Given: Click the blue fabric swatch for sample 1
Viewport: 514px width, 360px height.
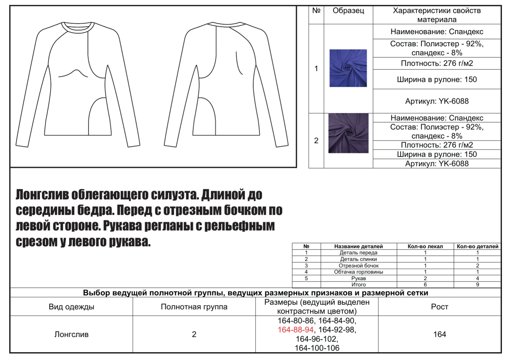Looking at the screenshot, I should click(x=348, y=68).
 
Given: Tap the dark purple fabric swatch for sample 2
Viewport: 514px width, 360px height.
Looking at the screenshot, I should click(x=348, y=133).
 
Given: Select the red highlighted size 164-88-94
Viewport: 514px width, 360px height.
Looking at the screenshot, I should click(x=296, y=330).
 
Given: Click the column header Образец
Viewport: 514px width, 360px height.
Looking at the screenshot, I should click(x=348, y=11).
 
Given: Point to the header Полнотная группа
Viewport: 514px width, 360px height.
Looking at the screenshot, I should click(x=194, y=307).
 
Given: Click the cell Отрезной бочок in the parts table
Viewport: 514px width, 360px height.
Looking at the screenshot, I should click(x=358, y=266).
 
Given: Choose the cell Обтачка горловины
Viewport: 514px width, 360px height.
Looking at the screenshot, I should click(x=358, y=272).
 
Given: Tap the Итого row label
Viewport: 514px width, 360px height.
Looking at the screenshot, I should click(x=358, y=285).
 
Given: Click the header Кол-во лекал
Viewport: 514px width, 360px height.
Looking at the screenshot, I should click(x=425, y=247).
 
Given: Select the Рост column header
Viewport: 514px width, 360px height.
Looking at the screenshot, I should click(x=439, y=307).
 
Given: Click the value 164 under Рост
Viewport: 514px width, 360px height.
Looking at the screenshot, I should click(x=439, y=334).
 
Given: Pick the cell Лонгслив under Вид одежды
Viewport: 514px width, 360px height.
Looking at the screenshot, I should click(x=71, y=334).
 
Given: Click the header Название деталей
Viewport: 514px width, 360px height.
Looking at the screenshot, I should click(x=358, y=247).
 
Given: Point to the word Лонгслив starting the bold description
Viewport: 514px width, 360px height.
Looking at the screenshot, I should click(x=43, y=195).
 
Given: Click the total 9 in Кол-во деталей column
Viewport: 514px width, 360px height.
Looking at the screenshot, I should click(x=477, y=285).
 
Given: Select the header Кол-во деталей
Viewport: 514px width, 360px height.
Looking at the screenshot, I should click(x=477, y=247).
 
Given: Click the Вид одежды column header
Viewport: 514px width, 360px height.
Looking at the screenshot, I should click(x=71, y=307).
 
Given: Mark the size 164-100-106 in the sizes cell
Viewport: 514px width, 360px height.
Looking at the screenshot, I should click(x=317, y=348).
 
